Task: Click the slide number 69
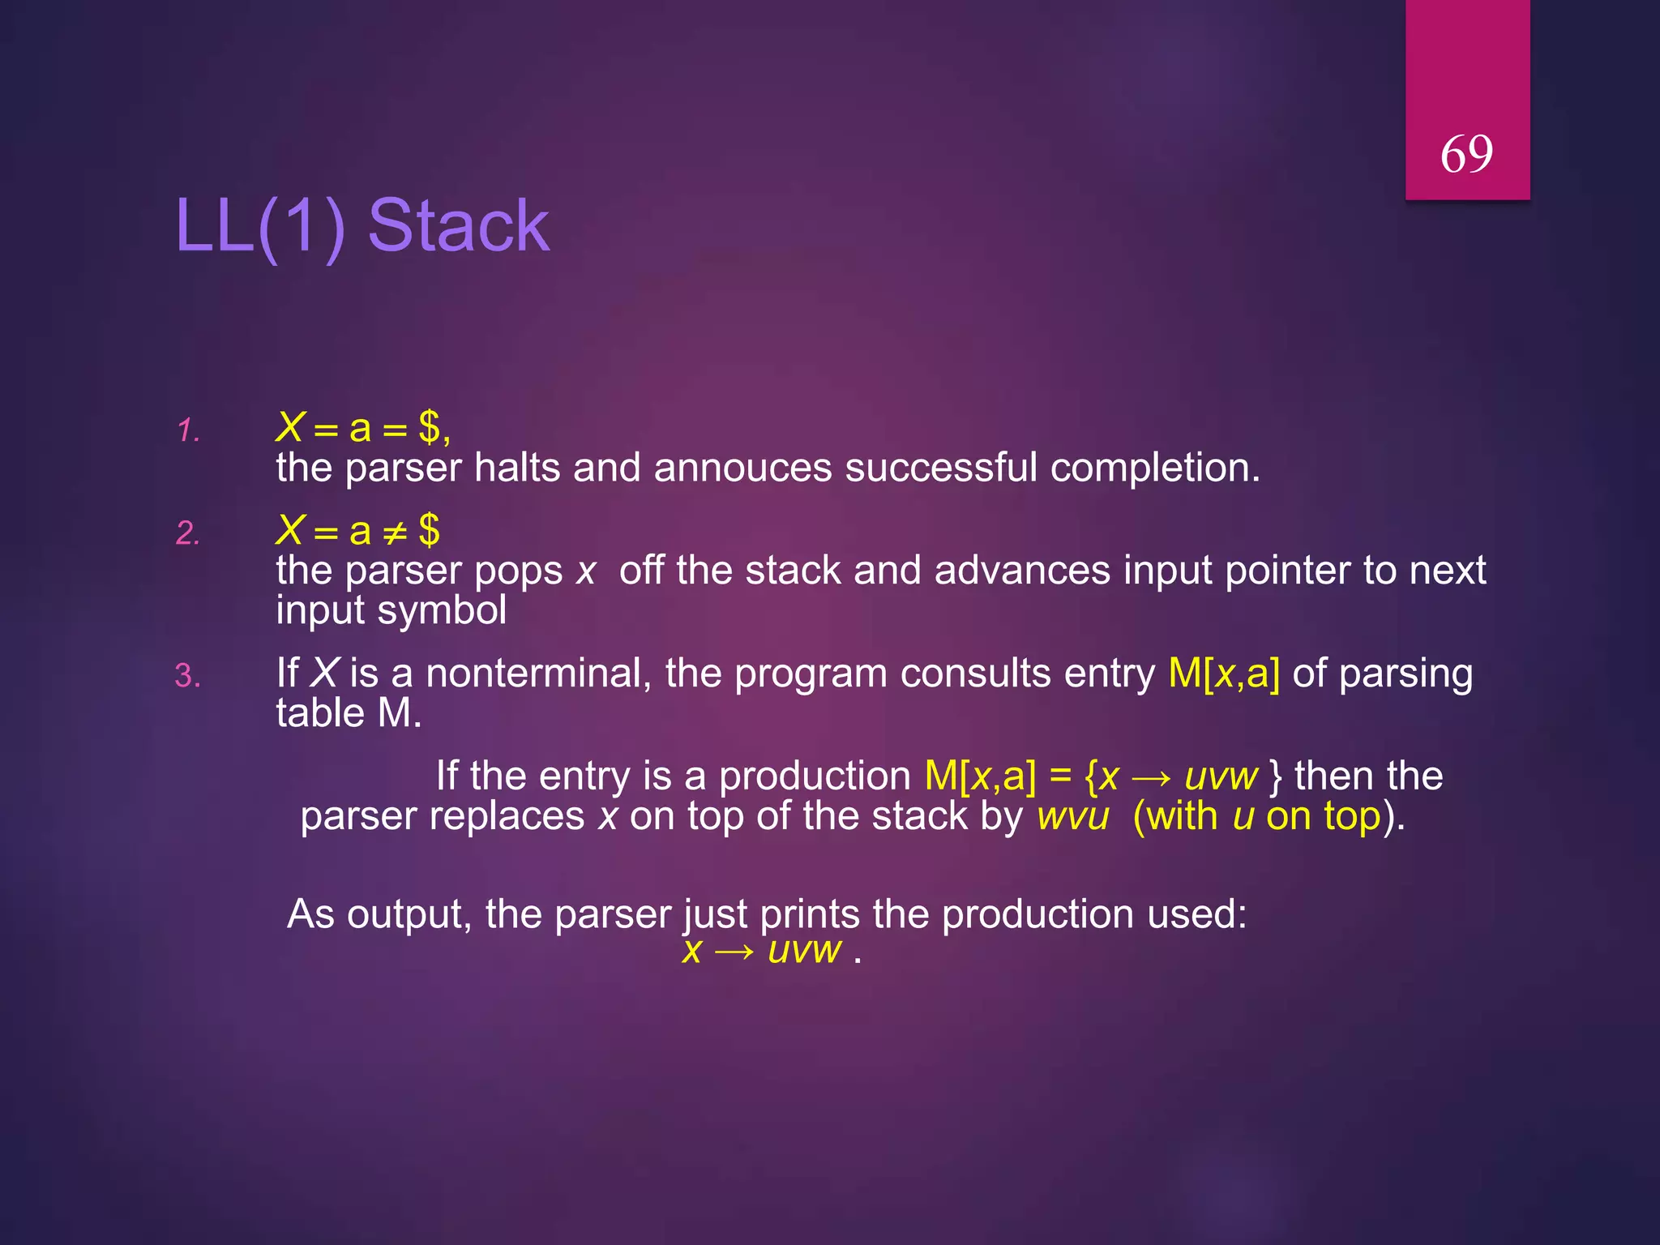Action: click(x=1466, y=154)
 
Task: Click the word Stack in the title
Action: click(x=459, y=226)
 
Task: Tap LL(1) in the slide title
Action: click(x=260, y=227)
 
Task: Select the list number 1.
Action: click(x=188, y=430)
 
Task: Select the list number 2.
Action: click(x=188, y=533)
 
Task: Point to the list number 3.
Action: click(x=188, y=676)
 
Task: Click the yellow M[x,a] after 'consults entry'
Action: click(x=1224, y=674)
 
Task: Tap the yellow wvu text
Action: click(x=1072, y=816)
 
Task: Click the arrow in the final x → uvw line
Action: click(x=734, y=951)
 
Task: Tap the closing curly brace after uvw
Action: click(x=1276, y=777)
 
